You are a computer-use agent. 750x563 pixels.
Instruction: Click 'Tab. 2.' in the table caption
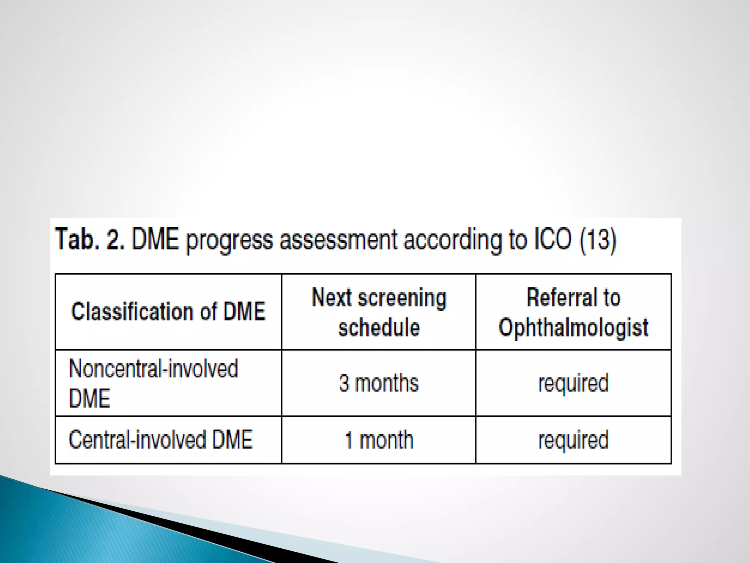(x=90, y=239)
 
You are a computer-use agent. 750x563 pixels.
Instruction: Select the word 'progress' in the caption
(x=229, y=240)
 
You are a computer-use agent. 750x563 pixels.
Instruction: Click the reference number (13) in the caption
(x=598, y=239)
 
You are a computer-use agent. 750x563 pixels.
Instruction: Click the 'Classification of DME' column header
(x=168, y=312)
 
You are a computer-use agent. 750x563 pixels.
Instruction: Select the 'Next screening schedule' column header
(x=379, y=312)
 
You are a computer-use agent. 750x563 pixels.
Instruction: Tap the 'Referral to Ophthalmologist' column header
(x=573, y=312)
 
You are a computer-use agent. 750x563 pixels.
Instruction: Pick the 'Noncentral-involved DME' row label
(x=153, y=383)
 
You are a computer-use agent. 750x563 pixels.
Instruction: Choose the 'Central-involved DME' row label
(x=161, y=439)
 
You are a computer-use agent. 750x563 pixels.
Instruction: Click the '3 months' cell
(x=379, y=383)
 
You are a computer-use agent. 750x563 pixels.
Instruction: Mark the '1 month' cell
(x=379, y=440)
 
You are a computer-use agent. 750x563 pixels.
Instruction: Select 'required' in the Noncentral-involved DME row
(x=573, y=383)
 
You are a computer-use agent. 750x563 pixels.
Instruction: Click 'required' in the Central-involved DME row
(x=573, y=440)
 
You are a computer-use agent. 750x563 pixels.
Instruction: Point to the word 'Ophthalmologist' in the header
(x=573, y=327)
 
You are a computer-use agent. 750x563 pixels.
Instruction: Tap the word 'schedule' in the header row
(x=379, y=327)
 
